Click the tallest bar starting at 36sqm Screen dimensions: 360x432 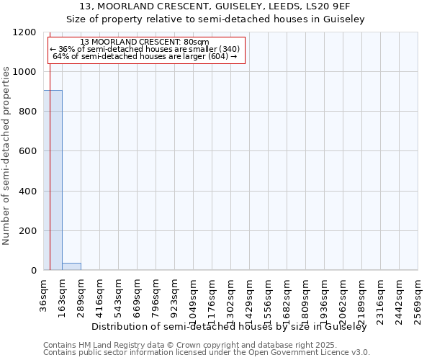pyautogui.click(x=53, y=180)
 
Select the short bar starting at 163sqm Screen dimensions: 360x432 pyautogui.click(x=71, y=266)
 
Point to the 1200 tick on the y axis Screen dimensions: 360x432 pyautogui.click(x=27, y=32)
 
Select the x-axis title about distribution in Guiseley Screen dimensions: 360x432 pyautogui.click(x=229, y=327)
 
